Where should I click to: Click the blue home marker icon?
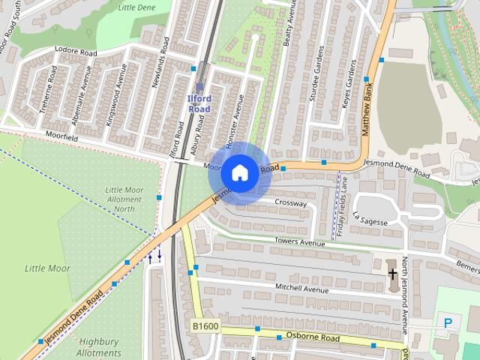[238, 172]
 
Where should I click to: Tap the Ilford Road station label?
[199, 103]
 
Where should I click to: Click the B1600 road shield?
[205, 326]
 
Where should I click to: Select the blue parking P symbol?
[448, 323]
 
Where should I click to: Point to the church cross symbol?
[392, 274]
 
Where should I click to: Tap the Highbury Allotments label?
[99, 346]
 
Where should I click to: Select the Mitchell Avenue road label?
[302, 289]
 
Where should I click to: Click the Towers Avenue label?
[300, 243]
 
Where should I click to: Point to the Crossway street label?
[290, 203]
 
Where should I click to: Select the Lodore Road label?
[76, 53]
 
